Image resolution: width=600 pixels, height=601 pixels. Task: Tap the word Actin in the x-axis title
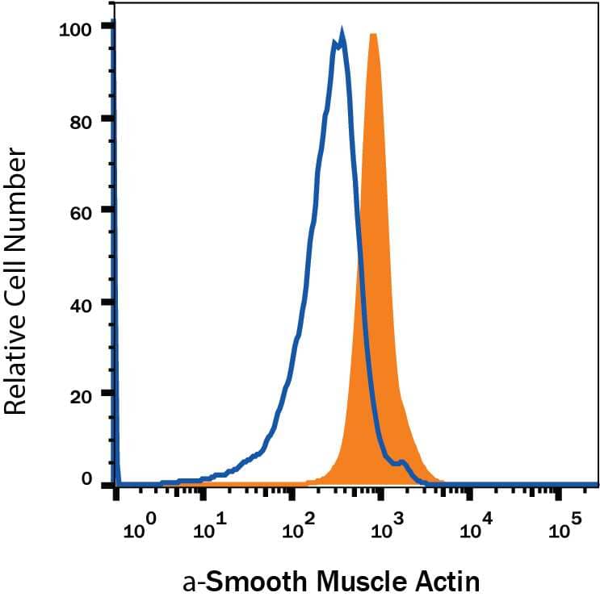click(455, 580)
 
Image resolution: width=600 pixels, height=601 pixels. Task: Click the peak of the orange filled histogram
click(373, 34)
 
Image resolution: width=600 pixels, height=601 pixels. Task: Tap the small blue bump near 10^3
click(401, 462)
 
